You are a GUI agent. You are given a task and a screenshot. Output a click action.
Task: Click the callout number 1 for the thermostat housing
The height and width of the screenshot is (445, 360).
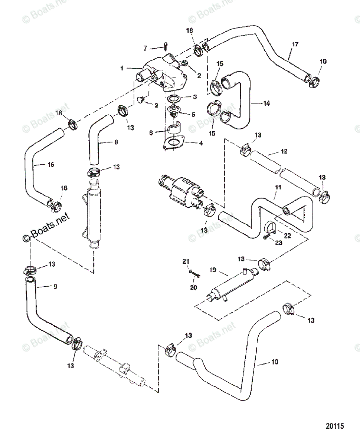pos(121,68)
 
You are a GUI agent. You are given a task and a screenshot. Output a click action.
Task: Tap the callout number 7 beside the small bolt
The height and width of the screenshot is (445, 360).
pos(145,48)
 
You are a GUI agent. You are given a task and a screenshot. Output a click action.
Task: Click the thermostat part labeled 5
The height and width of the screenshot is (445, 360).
pos(173,111)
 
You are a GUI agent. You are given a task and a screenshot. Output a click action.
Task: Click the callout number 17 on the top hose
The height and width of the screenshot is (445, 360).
pos(295,44)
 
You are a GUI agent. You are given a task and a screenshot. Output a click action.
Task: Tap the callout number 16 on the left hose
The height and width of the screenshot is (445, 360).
pos(51,164)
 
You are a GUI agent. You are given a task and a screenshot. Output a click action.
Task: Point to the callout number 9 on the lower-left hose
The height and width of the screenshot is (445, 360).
pos(55,287)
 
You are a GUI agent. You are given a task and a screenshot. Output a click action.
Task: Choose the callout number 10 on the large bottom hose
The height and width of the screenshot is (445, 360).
pos(274,362)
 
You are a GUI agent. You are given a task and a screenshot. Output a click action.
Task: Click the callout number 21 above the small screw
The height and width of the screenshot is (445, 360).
pos(186,262)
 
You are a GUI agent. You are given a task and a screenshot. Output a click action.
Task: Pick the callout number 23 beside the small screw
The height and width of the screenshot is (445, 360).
pos(278,243)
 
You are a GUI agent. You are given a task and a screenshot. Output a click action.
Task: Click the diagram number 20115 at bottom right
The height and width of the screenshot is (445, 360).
pos(336,426)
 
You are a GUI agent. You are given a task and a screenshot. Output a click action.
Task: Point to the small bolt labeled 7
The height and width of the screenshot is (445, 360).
pos(165,46)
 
